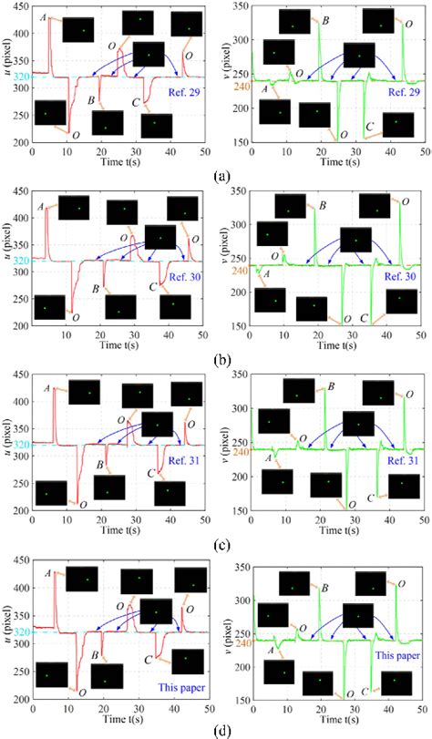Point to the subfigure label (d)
215,730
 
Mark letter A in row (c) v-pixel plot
264,458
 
